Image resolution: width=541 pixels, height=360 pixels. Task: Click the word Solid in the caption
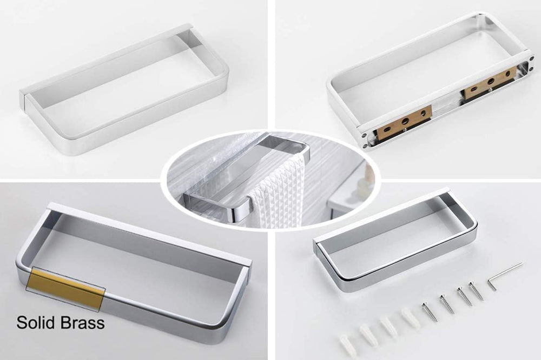36,322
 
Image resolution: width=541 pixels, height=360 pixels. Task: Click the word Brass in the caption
82,322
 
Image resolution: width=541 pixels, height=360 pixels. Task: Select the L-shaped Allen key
505,276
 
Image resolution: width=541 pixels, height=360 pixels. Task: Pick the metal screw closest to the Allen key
477,290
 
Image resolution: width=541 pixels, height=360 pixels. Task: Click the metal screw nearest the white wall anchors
429,312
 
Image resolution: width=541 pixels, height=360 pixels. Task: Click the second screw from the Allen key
464,296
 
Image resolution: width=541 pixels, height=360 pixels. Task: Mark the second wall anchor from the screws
388,326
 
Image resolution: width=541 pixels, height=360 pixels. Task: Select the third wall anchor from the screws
367,334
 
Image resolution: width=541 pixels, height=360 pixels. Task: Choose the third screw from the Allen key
446,304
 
